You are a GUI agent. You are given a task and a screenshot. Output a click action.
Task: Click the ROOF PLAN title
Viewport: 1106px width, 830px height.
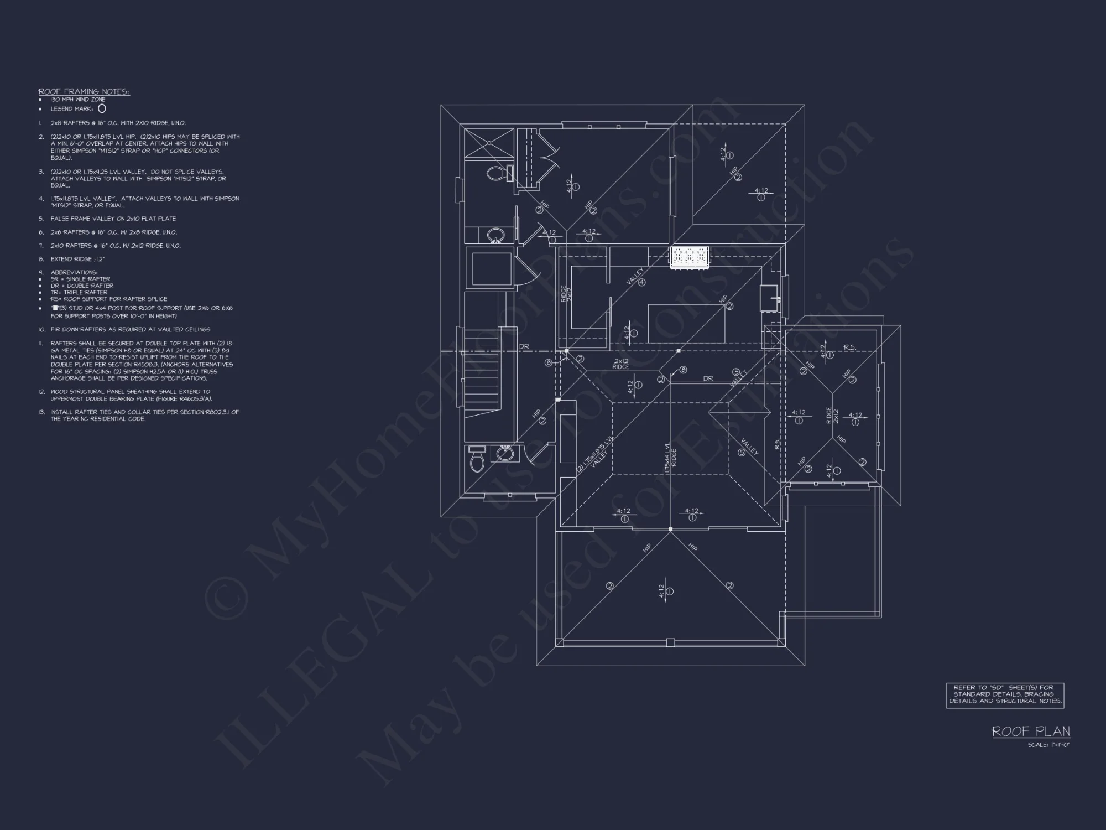click(1031, 732)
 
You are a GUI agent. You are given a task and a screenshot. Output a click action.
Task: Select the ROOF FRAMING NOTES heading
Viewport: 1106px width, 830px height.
click(84, 91)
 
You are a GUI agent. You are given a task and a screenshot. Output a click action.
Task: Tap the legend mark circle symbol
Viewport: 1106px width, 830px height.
click(102, 109)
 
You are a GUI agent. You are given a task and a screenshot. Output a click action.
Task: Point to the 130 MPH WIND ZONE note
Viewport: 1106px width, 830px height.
click(77, 100)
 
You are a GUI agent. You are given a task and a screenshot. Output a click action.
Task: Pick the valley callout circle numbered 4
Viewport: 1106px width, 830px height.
click(641, 282)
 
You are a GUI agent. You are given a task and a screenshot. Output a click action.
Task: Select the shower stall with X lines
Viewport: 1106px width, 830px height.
click(489, 143)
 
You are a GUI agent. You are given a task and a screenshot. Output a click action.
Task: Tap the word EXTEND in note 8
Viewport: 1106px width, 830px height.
click(60, 259)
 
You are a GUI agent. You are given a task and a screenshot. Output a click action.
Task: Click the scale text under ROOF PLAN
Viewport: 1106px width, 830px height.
click(1049, 745)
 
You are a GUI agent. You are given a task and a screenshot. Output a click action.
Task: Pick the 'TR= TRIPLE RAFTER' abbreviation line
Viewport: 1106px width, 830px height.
click(79, 292)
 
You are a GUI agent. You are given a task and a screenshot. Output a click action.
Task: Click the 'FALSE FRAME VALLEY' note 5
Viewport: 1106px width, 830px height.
click(113, 219)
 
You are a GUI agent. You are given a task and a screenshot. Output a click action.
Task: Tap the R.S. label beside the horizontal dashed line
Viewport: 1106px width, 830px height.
click(849, 347)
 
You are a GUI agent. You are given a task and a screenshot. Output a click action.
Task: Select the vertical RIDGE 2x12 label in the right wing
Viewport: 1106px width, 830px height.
click(832, 416)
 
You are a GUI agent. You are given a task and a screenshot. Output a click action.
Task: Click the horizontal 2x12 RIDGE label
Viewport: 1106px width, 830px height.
click(621, 364)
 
